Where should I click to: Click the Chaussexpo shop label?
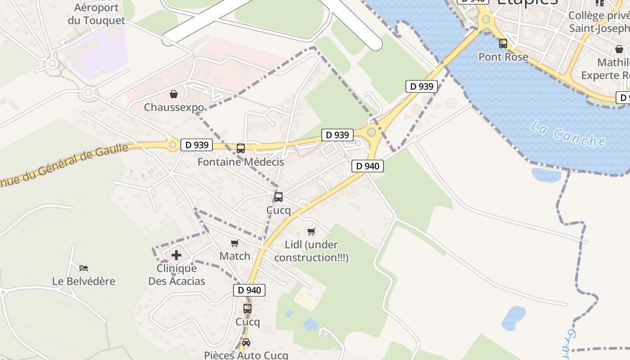tap(174, 108)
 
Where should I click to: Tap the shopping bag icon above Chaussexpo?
tap(174, 94)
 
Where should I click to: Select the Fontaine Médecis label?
tap(241, 162)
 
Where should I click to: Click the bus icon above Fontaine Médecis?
tap(241, 148)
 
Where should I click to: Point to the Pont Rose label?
tap(503, 57)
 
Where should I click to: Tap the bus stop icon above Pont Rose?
tap(503, 44)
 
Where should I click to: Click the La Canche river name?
tap(567, 134)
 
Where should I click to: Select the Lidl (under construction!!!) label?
tap(311, 251)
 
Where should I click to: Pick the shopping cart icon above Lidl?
tap(311, 231)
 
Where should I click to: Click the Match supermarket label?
tap(234, 256)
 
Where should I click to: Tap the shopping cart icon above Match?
tap(234, 243)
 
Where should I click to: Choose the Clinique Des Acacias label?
tap(177, 275)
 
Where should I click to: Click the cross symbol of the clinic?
tap(176, 255)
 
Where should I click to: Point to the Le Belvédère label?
tap(84, 281)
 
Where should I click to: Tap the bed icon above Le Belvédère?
tap(84, 268)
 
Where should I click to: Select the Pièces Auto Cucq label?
tap(246, 355)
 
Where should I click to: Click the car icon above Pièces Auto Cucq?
tap(246, 342)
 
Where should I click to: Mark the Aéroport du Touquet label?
tap(96, 14)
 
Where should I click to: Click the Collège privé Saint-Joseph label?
tap(598, 22)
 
